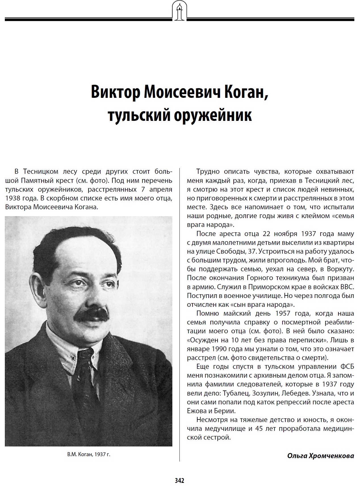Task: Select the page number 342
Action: (179, 480)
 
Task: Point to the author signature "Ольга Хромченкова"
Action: (321, 456)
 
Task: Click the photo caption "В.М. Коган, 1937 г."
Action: (89, 454)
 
